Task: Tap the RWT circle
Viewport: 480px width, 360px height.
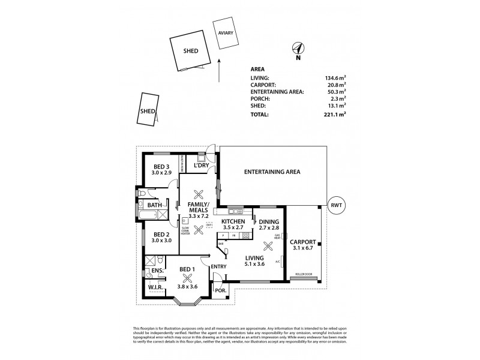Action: tap(336, 205)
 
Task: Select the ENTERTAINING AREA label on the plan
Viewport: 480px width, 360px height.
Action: tap(272, 172)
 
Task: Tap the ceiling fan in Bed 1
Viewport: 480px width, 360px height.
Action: tap(187, 277)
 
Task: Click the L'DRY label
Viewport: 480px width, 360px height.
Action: tap(200, 165)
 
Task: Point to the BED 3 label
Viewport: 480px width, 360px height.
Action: tap(161, 167)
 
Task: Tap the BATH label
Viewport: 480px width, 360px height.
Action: tap(155, 205)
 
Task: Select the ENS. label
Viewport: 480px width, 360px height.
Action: tap(157, 272)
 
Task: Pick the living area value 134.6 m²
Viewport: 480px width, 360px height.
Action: tap(334, 78)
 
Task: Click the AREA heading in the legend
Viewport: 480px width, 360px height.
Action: tap(257, 69)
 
